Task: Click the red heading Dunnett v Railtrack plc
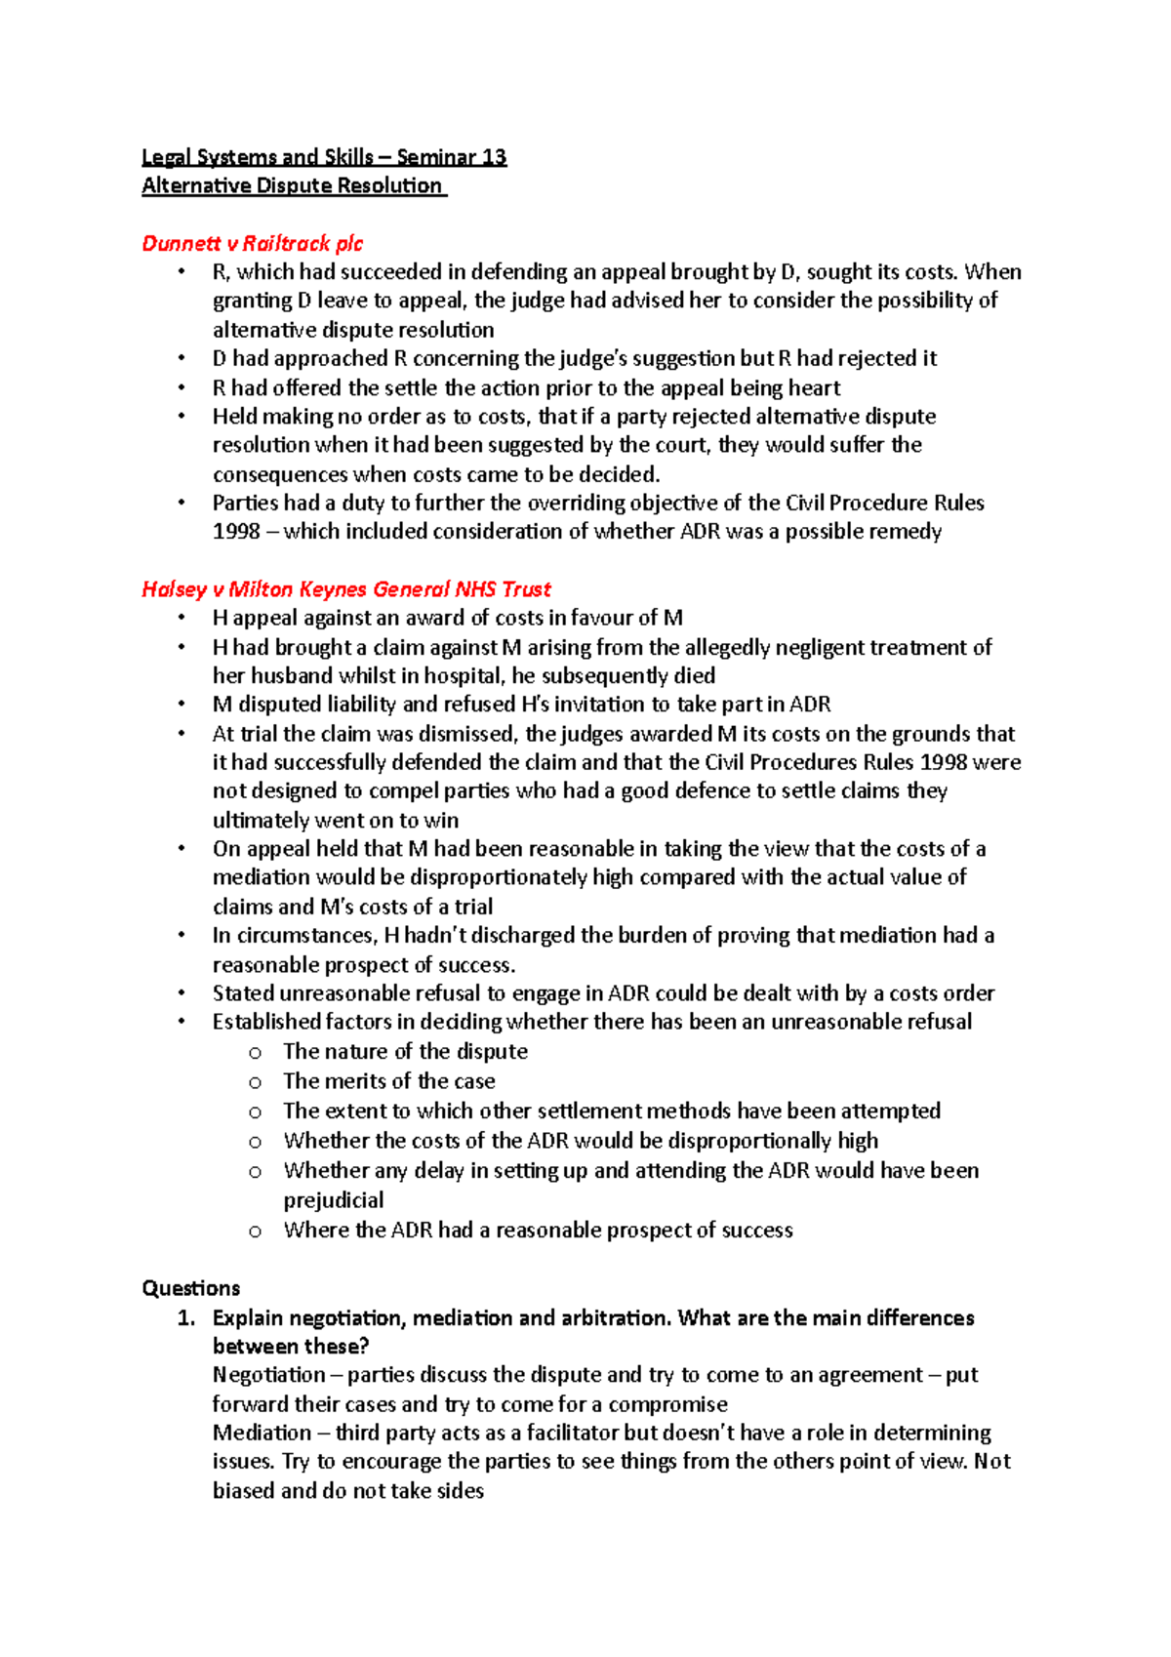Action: pos(252,243)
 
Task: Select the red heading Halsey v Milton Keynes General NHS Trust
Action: pos(345,588)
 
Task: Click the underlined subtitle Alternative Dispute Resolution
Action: pos(292,185)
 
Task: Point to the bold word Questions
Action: pos(190,1288)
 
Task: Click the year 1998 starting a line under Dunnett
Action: pos(236,531)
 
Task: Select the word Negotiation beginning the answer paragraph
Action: pos(268,1375)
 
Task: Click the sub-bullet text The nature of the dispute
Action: pos(405,1051)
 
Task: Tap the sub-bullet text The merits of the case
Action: pos(388,1081)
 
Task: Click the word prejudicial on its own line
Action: pos(333,1199)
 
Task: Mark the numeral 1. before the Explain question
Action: pos(186,1317)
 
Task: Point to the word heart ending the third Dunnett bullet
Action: pos(814,387)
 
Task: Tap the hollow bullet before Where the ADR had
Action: pos(255,1232)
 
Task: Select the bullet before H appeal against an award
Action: pos(182,618)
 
